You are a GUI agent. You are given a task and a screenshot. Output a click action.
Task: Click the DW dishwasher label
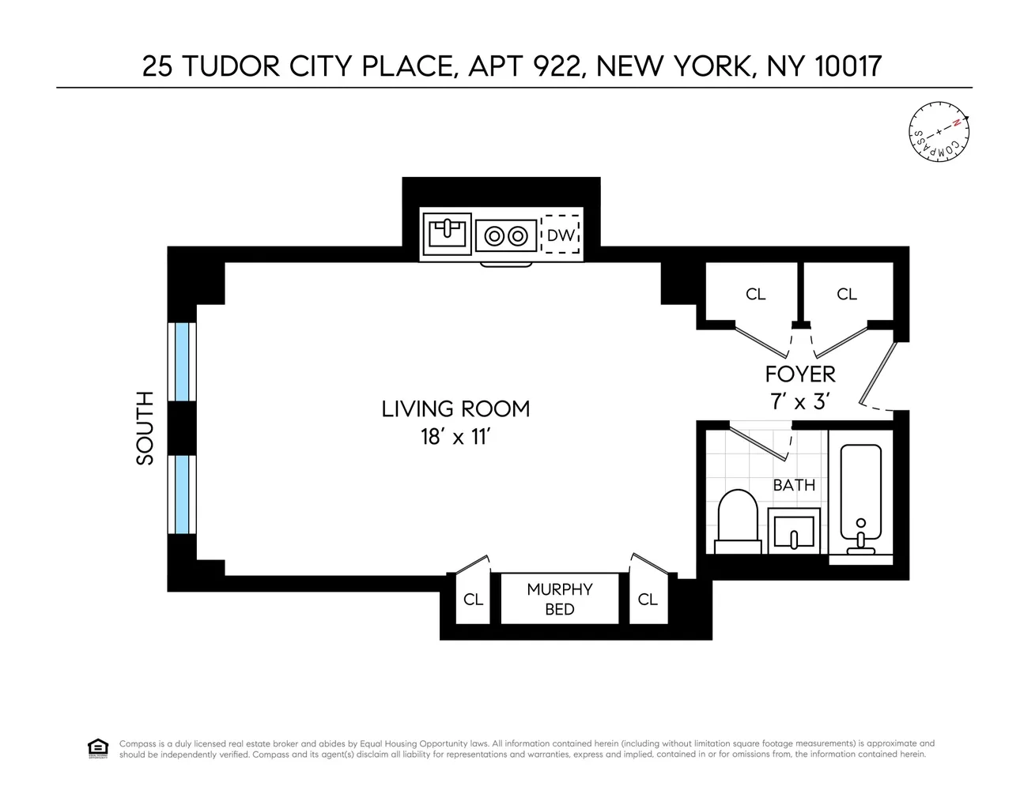tap(561, 235)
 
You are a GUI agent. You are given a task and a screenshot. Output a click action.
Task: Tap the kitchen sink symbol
tap(447, 234)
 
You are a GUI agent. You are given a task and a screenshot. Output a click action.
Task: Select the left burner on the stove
tap(495, 235)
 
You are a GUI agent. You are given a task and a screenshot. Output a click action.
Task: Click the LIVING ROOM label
tap(455, 408)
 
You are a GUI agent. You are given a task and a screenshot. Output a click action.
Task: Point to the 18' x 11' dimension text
tap(455, 436)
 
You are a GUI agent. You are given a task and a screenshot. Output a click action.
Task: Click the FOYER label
tap(799, 374)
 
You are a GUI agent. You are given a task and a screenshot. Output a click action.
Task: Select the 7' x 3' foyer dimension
tap(799, 401)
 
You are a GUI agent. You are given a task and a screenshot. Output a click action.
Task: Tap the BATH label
tap(794, 485)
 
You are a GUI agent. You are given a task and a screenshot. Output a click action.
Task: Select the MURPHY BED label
tap(560, 599)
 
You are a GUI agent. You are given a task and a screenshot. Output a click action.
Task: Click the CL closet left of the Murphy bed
tap(473, 600)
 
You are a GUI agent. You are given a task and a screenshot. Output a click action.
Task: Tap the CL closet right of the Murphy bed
tap(648, 600)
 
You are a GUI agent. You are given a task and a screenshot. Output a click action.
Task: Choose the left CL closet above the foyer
tap(755, 294)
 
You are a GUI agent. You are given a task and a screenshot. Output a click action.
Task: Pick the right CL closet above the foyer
tap(847, 294)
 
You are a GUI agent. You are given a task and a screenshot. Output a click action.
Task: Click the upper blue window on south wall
tap(183, 362)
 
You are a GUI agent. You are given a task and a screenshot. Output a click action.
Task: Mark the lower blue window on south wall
tap(183, 495)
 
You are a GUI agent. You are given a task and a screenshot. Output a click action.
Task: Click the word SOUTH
tap(145, 427)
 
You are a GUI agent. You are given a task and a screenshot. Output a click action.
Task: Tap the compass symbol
tap(939, 131)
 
